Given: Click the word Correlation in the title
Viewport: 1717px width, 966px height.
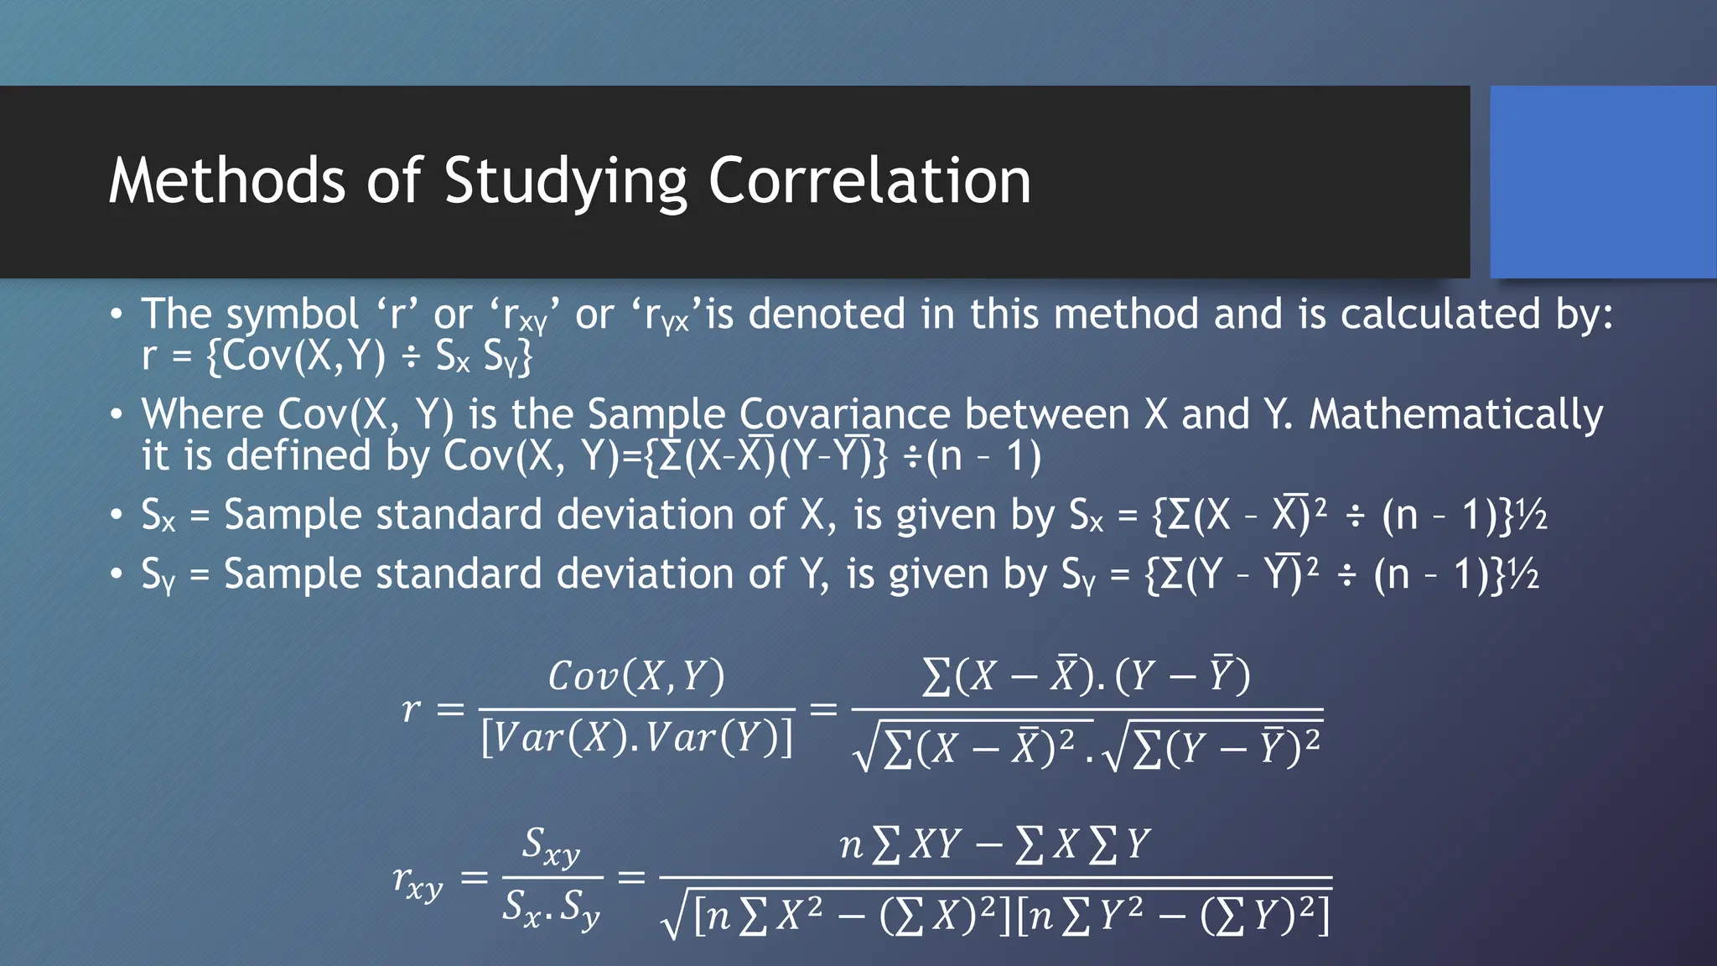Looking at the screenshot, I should click(x=869, y=181).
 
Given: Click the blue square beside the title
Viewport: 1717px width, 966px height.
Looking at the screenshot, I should click(x=1603, y=181).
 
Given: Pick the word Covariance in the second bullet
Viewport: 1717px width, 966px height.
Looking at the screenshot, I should click(x=844, y=414).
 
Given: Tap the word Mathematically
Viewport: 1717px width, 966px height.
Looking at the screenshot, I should click(x=1455, y=416).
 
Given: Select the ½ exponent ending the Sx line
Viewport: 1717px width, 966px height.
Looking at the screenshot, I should click(x=1532, y=515).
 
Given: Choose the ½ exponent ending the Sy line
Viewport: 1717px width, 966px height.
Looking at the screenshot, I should click(x=1523, y=574).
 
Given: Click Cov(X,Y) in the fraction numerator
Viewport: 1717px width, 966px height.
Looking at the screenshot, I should click(x=636, y=676).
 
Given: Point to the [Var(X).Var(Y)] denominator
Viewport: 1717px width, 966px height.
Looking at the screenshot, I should click(x=637, y=738).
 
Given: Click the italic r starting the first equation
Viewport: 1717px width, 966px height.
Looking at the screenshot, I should click(x=410, y=709).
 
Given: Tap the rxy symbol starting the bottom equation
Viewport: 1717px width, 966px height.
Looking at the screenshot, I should click(x=418, y=880).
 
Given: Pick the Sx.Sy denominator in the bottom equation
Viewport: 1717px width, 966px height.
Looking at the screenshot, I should click(x=551, y=908).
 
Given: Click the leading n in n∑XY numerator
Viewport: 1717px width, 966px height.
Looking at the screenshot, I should click(x=851, y=844).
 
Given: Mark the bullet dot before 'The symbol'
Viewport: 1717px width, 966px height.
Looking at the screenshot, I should click(x=117, y=315).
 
